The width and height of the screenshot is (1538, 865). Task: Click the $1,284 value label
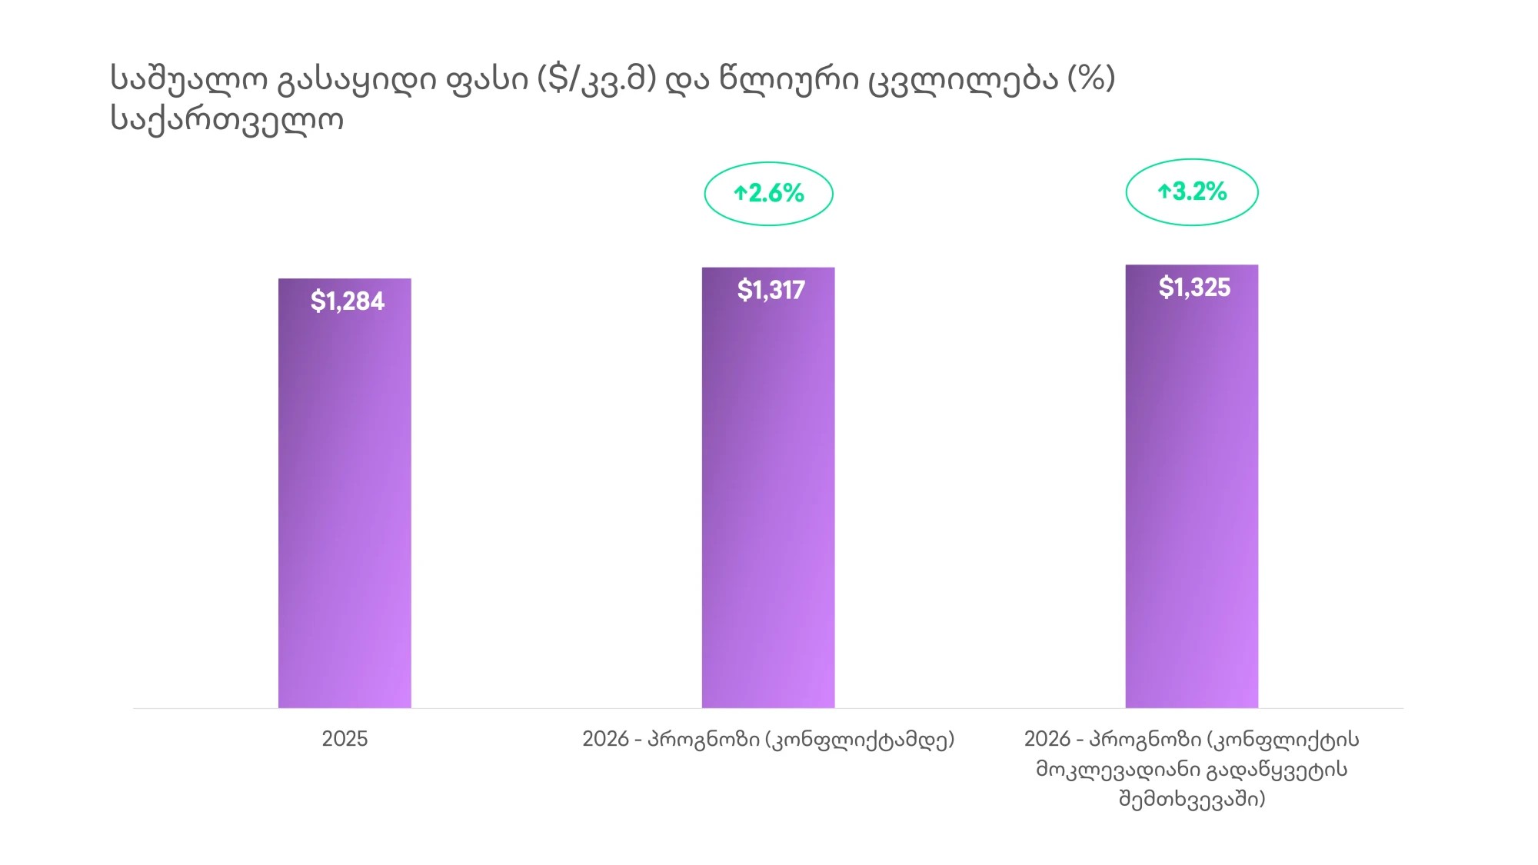[x=347, y=301]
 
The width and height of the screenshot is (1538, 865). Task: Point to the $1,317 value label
[x=771, y=290]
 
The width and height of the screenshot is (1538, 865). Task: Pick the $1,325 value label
[x=1194, y=287]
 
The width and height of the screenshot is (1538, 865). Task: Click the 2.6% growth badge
[x=768, y=193]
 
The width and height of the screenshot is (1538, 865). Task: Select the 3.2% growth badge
[x=1192, y=191]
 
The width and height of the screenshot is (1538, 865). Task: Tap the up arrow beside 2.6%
[x=740, y=193]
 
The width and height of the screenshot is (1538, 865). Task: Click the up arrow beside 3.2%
[x=1164, y=191]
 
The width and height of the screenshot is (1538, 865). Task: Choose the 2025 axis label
[x=345, y=739]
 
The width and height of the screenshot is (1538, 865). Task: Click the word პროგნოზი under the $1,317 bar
[x=704, y=739]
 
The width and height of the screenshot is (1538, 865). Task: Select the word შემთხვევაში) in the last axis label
[x=1191, y=800]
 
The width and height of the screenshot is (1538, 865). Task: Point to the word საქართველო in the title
[x=227, y=119]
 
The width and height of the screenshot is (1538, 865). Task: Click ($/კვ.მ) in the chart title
[x=597, y=79]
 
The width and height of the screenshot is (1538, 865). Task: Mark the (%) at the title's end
[x=1091, y=78]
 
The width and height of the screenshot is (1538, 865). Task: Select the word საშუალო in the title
[x=189, y=79]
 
